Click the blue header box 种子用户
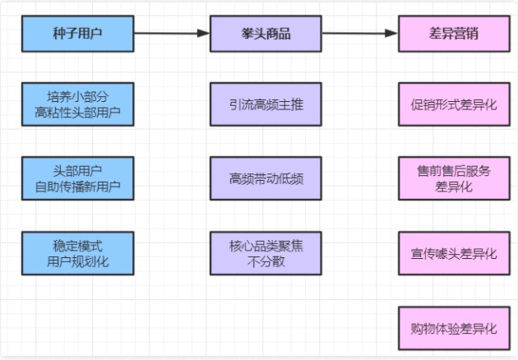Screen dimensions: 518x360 coord(77,34)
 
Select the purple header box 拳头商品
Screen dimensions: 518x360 coord(266,34)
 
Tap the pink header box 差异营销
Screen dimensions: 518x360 coord(454,34)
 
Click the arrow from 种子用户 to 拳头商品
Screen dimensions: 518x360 coord(172,33)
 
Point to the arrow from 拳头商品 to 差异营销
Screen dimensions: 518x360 coord(360,33)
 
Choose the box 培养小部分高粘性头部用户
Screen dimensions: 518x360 coord(77,104)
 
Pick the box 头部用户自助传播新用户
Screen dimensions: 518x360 coord(77,178)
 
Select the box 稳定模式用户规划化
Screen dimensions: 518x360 coord(77,253)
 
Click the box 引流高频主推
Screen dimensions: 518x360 coord(266,104)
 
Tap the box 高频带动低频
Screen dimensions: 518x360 coord(266,178)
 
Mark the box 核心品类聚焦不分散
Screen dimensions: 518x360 coord(266,253)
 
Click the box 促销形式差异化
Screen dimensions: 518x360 coord(454,104)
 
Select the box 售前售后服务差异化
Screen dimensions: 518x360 coord(454,178)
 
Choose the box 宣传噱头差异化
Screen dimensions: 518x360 coord(454,253)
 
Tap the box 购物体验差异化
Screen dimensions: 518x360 coord(454,328)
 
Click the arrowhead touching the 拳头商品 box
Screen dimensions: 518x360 coord(204,33)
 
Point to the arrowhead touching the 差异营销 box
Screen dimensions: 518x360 coord(392,33)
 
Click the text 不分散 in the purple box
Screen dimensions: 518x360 coord(266,261)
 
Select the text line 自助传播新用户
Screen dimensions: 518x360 coord(77,187)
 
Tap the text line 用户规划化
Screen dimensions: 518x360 coord(77,261)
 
